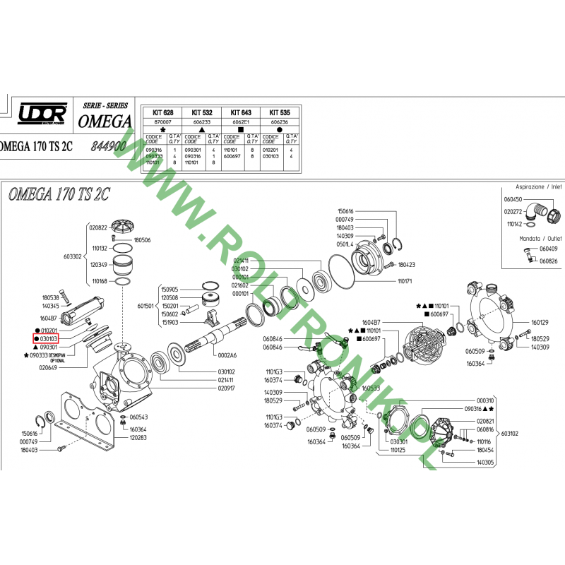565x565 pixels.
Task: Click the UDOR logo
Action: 42,114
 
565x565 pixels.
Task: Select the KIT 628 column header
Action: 162,112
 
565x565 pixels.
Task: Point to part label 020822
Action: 97,227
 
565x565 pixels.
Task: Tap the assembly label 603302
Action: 73,257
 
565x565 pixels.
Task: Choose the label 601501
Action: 145,306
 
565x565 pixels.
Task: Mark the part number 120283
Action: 138,437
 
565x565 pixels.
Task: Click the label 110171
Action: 405,281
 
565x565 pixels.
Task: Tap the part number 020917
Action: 226,388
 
